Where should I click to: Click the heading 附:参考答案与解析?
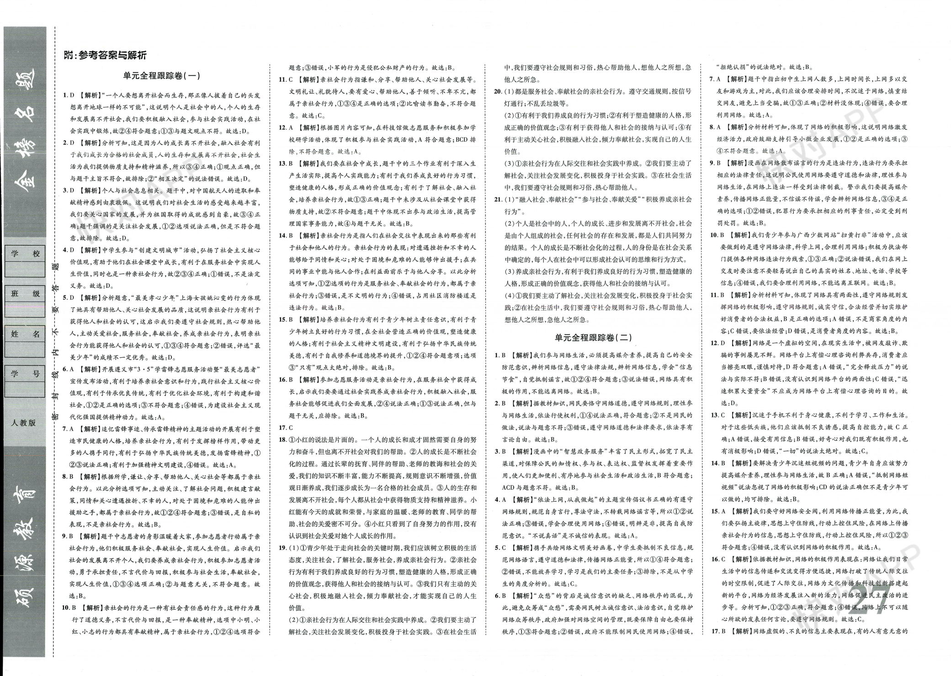pyautogui.click(x=106, y=56)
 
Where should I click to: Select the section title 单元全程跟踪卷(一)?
pyautogui.click(x=162, y=76)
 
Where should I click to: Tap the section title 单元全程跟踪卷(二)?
pyautogui.click(x=593, y=338)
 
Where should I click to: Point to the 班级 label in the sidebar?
pyautogui.click(x=25, y=294)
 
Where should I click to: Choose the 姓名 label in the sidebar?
pyautogui.click(x=25, y=334)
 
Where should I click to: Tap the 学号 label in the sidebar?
pyautogui.click(x=25, y=374)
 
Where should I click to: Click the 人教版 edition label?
pyautogui.click(x=24, y=422)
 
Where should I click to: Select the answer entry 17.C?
pyautogui.click(x=287, y=428)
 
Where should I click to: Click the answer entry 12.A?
pyautogui.click(x=287, y=127)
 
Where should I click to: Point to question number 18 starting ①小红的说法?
pyautogui.click(x=283, y=439)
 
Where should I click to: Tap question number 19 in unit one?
pyautogui.click(x=283, y=548)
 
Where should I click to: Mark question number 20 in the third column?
pyautogui.click(x=499, y=91)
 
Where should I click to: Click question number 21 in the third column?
pyautogui.click(x=499, y=200)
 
